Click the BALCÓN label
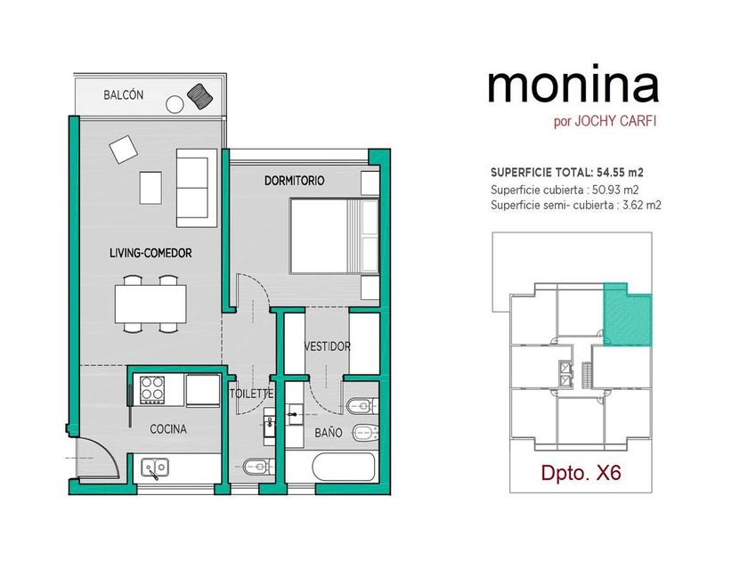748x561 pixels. (x=124, y=94)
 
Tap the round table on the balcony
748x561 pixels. (x=175, y=104)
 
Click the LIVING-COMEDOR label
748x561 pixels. (x=150, y=253)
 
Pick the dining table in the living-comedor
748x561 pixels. (x=150, y=304)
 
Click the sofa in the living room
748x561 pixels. (x=197, y=188)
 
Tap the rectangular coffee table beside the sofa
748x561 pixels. (x=150, y=188)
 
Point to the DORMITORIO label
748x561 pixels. (x=295, y=180)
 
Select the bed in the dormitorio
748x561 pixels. (x=335, y=237)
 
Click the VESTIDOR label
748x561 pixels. (x=328, y=346)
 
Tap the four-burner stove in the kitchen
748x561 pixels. (x=152, y=390)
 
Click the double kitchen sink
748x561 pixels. (x=155, y=467)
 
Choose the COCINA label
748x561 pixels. (x=168, y=429)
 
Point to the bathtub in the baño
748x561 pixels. (x=344, y=467)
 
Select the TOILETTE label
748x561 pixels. (x=252, y=394)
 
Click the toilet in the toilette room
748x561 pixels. (x=259, y=466)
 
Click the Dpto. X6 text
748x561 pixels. (x=581, y=472)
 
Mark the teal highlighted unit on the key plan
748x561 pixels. (x=627, y=315)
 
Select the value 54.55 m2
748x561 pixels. (x=623, y=172)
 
